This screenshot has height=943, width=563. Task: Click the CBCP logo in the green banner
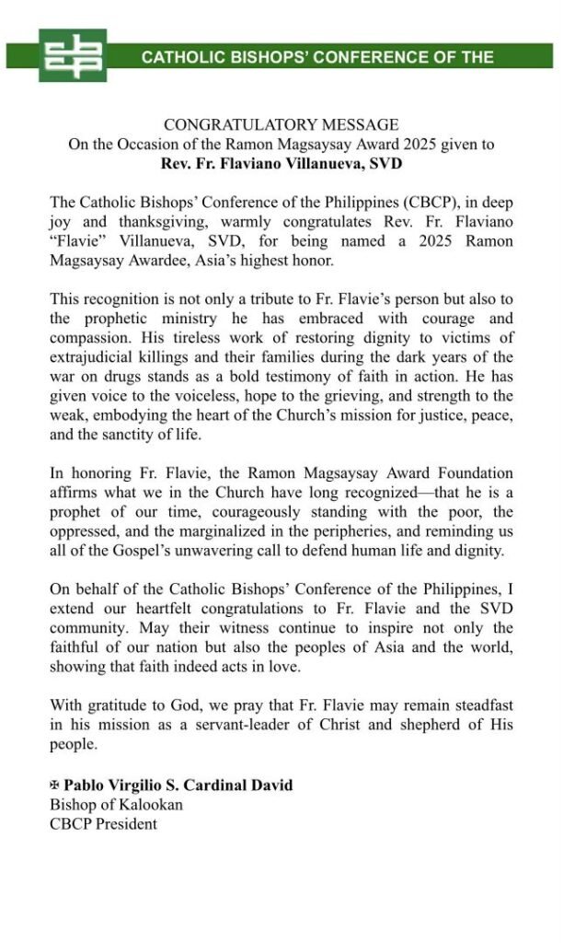click(x=73, y=55)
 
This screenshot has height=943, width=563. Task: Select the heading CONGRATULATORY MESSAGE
click(x=281, y=125)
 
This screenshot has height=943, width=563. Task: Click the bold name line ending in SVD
click(x=281, y=164)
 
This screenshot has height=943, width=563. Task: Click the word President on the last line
click(x=125, y=823)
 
